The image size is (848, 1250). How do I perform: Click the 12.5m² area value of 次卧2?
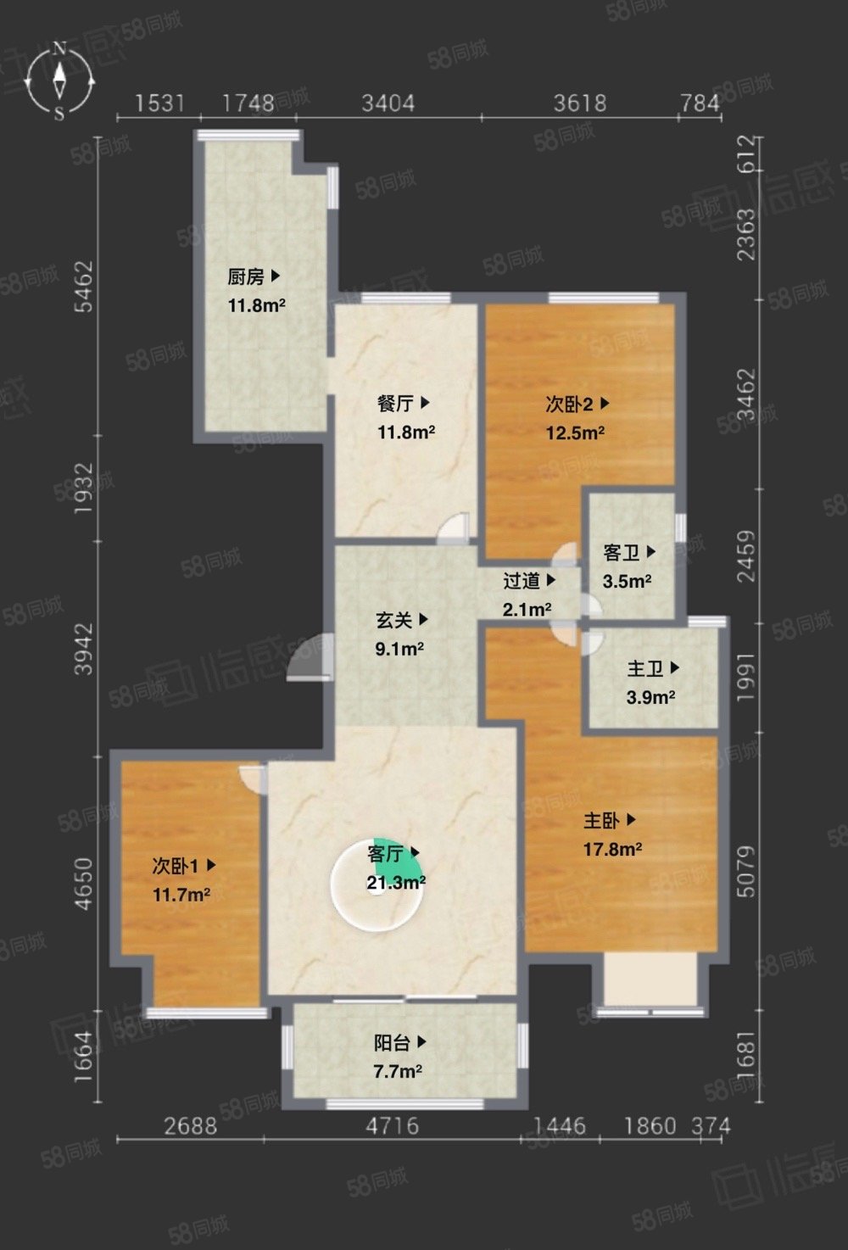pyautogui.click(x=575, y=432)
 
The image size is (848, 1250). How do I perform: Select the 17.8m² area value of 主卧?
pyautogui.click(x=612, y=850)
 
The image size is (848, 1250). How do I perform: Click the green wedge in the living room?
pyautogui.click(x=396, y=859)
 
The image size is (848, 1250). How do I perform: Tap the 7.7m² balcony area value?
pyautogui.click(x=397, y=1071)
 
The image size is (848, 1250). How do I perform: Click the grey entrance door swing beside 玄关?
pyautogui.click(x=309, y=658)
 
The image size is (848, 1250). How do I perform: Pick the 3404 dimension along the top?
pyautogui.click(x=388, y=103)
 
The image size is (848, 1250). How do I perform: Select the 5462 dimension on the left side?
pyautogui.click(x=84, y=287)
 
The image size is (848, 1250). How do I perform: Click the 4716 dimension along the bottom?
pyautogui.click(x=392, y=1126)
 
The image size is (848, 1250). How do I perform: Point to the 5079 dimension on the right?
pyautogui.click(x=746, y=872)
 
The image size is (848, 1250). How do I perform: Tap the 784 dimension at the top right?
pyautogui.click(x=700, y=103)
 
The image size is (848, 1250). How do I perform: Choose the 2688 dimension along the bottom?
pyautogui.click(x=190, y=1126)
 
